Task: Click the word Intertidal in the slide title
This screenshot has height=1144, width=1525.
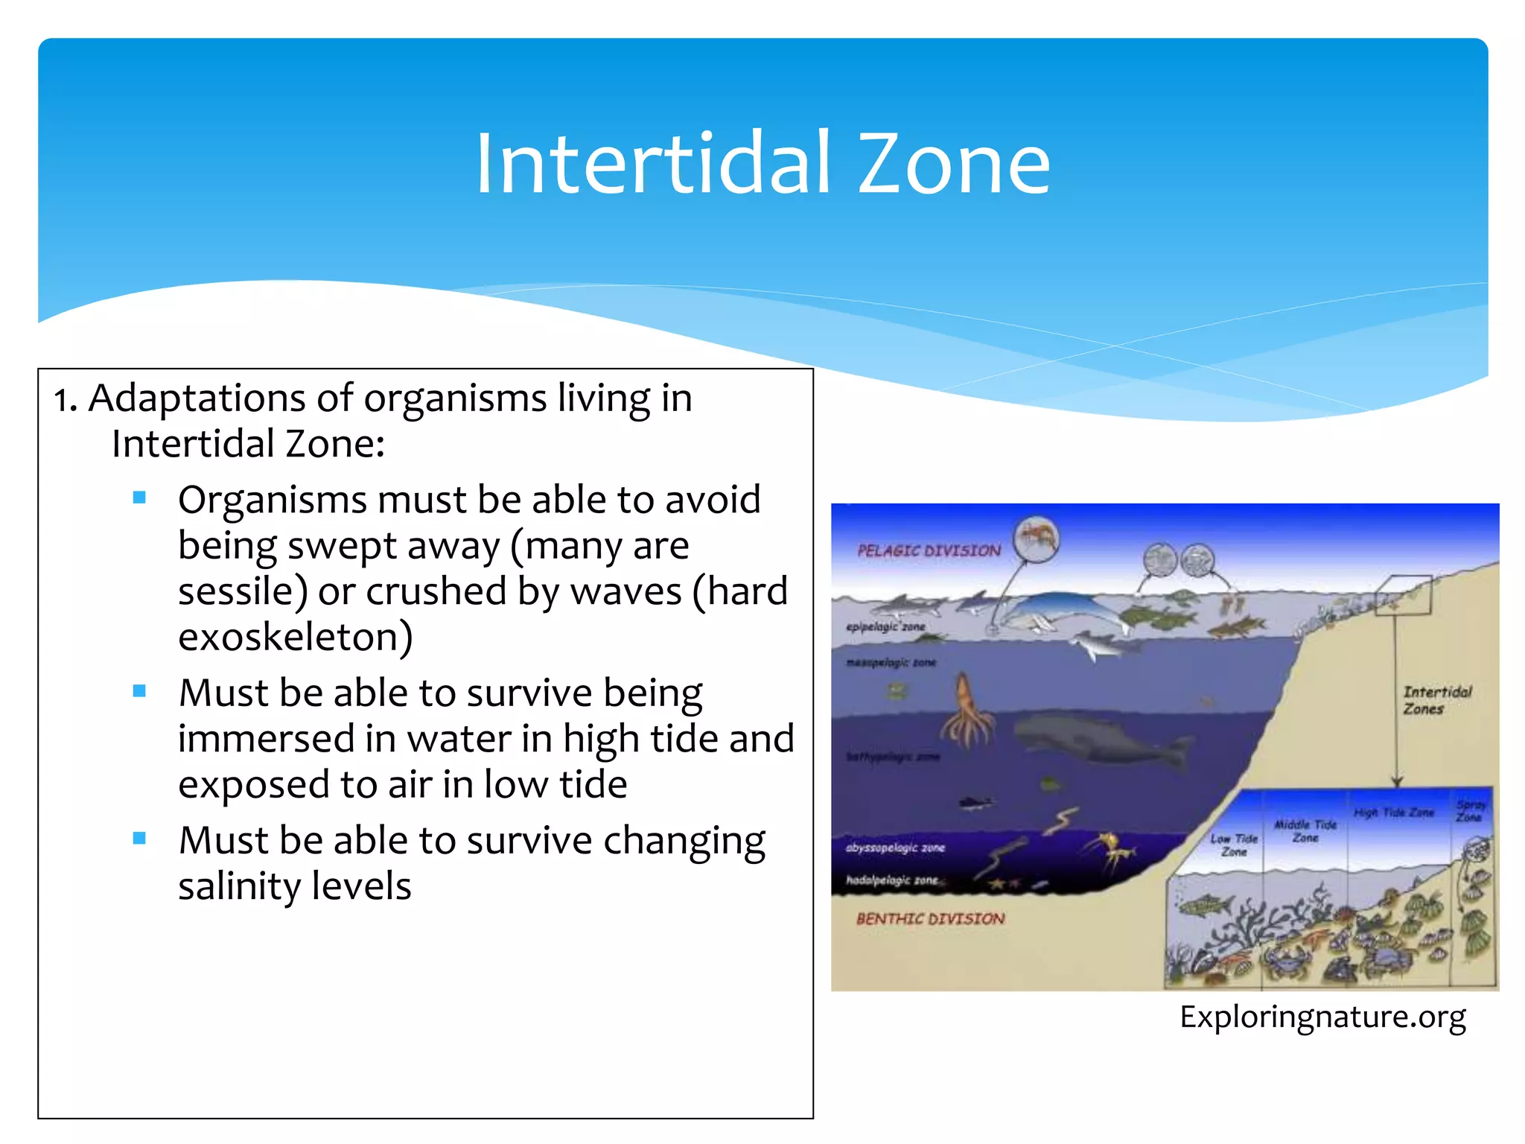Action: pos(652,165)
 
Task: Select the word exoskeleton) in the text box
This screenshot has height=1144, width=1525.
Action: pos(295,638)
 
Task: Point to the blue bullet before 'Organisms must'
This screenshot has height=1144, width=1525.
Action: pos(139,498)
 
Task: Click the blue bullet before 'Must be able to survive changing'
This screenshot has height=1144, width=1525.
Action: pos(139,839)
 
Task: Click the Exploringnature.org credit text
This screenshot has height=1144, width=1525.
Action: pos(1322,1017)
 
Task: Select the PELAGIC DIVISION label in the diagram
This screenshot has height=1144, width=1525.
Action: pos(929,550)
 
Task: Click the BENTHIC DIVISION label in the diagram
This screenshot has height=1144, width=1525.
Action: pos(930,919)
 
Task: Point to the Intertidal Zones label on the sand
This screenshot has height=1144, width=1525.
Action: pos(1436,700)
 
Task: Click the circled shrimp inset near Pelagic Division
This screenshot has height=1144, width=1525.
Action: pos(1037,538)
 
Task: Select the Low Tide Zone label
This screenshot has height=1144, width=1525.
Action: pos(1233,845)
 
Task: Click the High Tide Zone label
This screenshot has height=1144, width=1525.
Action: pos(1392,813)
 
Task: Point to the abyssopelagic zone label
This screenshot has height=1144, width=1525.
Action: pos(894,848)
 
